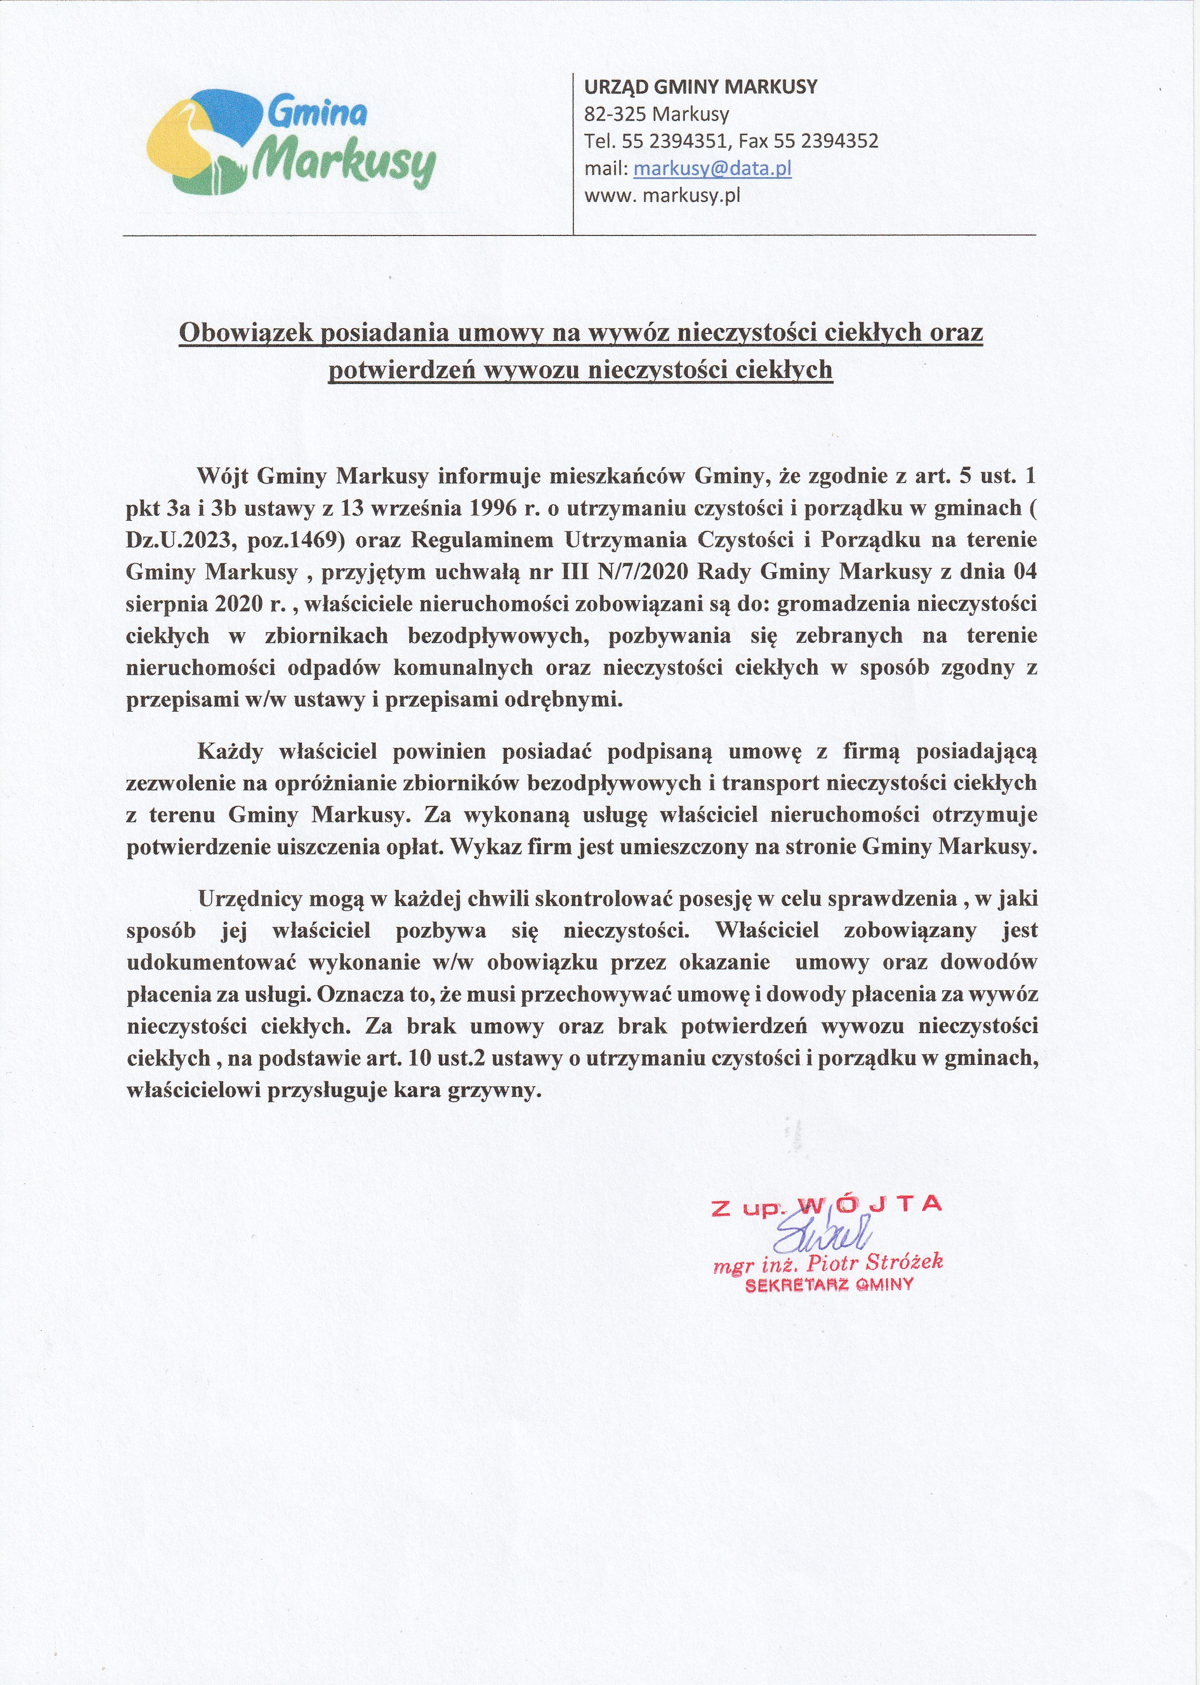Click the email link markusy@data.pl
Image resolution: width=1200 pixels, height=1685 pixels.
[x=712, y=168]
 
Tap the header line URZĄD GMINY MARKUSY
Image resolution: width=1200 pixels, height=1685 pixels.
[x=700, y=87]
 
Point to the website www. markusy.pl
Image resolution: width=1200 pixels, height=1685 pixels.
[x=662, y=196]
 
